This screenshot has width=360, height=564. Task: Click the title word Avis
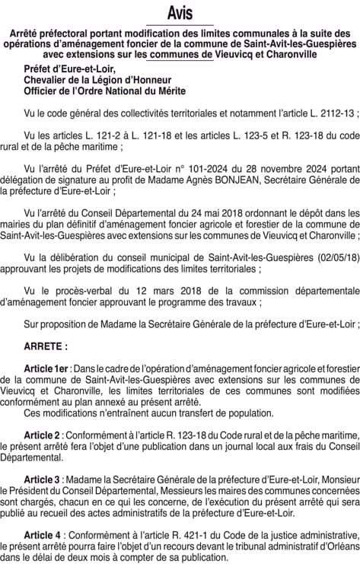180,13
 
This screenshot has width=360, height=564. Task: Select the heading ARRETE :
46,345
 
